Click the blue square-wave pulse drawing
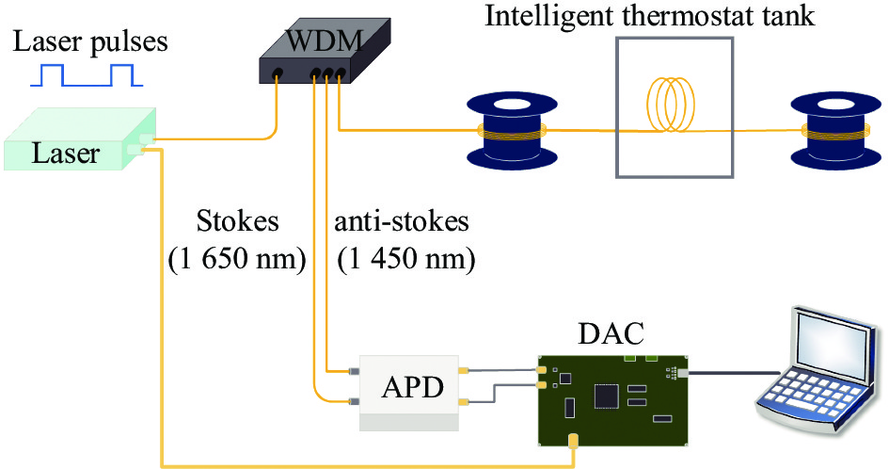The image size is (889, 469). click(86, 75)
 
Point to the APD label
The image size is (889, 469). click(411, 386)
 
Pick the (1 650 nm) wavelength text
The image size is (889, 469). click(238, 260)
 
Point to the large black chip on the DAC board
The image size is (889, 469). click(604, 397)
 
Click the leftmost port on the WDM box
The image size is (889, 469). click(278, 73)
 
